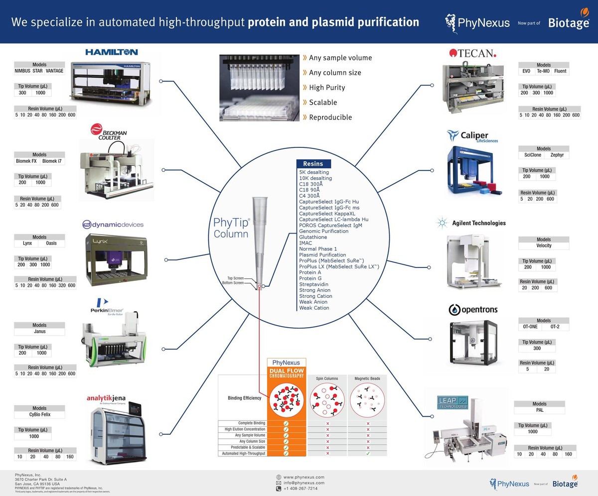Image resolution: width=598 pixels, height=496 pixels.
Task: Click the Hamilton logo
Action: click(111, 52)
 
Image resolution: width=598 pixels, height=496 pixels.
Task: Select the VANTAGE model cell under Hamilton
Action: click(54, 71)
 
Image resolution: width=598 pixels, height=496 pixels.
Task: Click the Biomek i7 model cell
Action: click(53, 161)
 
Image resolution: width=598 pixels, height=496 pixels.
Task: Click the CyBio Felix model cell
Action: click(39, 414)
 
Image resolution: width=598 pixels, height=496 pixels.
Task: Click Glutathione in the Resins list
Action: click(313, 237)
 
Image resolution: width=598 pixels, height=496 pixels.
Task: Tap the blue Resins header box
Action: click(313, 163)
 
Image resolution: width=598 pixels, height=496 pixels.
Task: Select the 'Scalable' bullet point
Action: click(323, 103)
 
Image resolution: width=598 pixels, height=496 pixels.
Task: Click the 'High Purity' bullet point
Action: click(327, 88)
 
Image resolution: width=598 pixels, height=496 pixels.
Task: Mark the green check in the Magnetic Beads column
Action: click(367, 453)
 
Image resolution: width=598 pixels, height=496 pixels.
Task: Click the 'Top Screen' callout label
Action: click(235, 278)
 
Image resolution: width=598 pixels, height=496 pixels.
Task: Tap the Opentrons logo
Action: click(473, 310)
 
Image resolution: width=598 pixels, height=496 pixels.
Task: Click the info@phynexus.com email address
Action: click(303, 483)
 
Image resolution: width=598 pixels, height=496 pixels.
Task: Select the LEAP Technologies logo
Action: click(453, 403)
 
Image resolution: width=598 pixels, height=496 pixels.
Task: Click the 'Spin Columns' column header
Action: click(327, 378)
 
